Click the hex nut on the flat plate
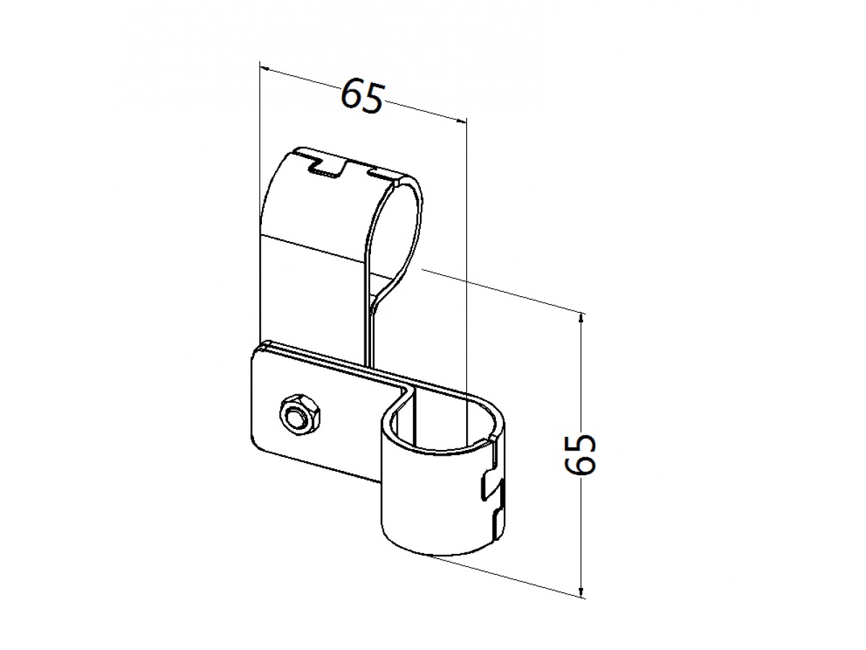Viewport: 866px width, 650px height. pyautogui.click(x=299, y=415)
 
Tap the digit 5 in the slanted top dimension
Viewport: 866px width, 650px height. pyautogui.click(x=373, y=100)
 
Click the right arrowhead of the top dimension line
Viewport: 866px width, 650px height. pyautogui.click(x=460, y=121)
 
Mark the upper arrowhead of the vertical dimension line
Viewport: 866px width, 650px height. pyautogui.click(x=580, y=319)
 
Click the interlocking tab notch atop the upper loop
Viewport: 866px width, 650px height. pyautogui.click(x=328, y=168)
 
